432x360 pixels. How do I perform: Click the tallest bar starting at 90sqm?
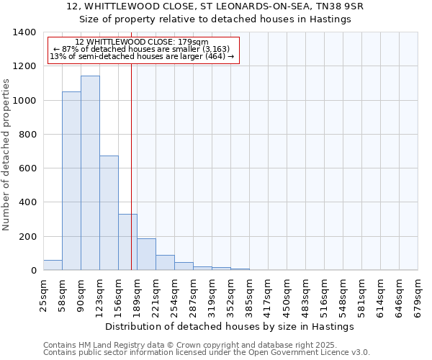(x=90, y=173)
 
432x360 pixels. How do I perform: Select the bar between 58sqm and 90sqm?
(x=71, y=181)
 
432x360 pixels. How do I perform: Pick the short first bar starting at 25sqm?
(x=53, y=265)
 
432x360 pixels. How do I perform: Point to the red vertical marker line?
(x=131, y=166)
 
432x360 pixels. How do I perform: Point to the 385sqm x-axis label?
(x=249, y=292)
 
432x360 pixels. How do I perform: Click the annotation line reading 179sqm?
(x=142, y=42)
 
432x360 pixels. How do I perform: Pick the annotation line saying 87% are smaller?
(x=142, y=49)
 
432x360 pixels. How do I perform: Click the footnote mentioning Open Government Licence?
(x=207, y=353)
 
